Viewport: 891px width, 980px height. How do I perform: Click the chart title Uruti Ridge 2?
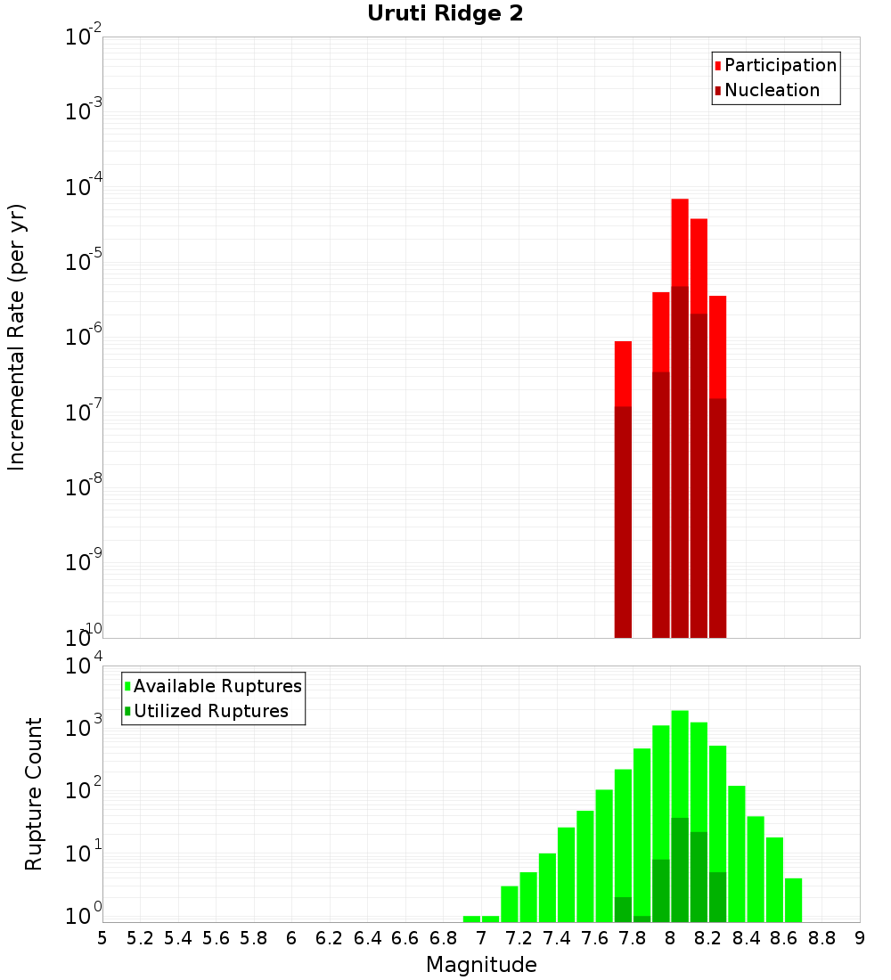pos(445,14)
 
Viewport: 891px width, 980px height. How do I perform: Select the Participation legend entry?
pos(780,65)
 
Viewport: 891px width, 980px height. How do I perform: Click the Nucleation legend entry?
pos(771,90)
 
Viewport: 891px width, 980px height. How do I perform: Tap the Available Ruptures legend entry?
pos(217,686)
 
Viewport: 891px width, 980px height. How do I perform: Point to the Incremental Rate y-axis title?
pos(17,338)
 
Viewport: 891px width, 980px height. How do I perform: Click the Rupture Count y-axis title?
pos(34,794)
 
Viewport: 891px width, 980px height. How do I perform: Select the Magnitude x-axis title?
pos(481,965)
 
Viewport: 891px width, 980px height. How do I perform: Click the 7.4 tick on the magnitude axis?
pos(557,938)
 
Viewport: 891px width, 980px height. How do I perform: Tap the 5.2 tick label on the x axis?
pos(141,938)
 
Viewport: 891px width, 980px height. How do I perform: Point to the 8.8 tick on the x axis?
pos(822,938)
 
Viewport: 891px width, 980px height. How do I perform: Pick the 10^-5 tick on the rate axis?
pos(83,262)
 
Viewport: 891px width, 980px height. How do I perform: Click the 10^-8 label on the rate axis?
pos(83,487)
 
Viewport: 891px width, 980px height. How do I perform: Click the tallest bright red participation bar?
pos(680,241)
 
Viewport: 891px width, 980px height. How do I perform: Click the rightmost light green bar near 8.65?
pos(793,900)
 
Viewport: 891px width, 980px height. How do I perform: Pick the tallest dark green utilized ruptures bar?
pos(680,869)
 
